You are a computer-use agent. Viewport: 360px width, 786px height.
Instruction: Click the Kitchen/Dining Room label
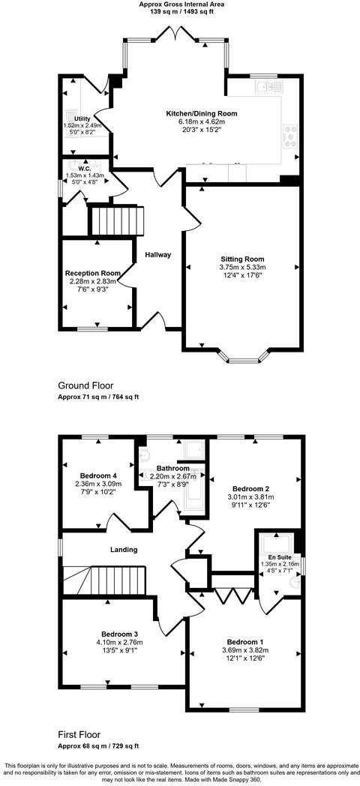coord(202,113)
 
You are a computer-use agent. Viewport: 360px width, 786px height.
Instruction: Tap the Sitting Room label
coord(242,259)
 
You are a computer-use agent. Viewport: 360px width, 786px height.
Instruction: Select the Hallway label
coord(159,255)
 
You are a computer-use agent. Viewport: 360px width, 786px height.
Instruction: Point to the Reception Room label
coord(93,273)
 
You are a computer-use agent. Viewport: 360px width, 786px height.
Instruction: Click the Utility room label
coord(82,118)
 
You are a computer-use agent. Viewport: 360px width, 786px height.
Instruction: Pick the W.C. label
coord(84,169)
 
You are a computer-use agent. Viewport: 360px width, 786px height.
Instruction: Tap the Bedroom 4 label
coord(99,475)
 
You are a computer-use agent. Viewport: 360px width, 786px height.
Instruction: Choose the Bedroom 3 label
coord(124,634)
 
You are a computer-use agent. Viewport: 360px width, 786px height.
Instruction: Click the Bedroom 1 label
coord(246,642)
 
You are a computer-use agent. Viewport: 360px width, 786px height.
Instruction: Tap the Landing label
coord(124,550)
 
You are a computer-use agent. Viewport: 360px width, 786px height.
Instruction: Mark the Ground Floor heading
coord(86,385)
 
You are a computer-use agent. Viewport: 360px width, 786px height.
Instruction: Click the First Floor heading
coord(79,735)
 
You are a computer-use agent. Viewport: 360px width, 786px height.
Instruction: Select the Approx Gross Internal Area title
coord(181,4)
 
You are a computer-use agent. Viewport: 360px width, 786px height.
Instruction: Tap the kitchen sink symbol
coord(265,87)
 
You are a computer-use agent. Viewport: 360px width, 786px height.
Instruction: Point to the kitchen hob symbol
coord(289,135)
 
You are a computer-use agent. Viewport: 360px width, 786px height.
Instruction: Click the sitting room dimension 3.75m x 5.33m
coord(242,268)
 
